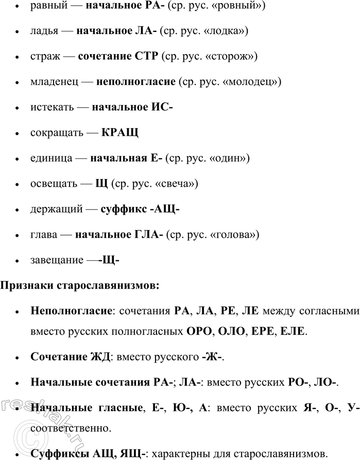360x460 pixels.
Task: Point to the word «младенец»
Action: click(x=54, y=82)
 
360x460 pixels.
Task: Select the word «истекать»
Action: click(x=50, y=108)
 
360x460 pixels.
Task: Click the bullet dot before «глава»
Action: click(x=18, y=235)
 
